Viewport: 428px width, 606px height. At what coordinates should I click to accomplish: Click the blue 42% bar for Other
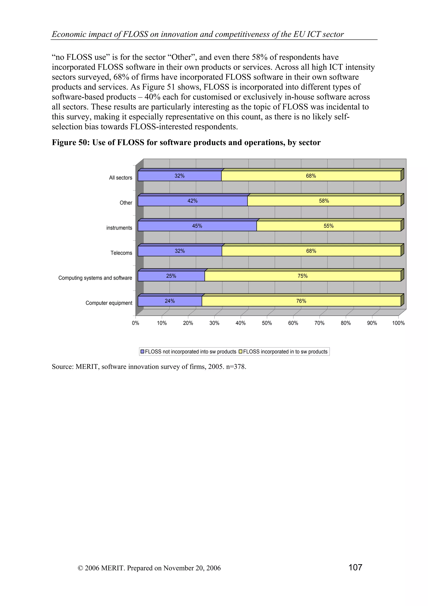[192, 201]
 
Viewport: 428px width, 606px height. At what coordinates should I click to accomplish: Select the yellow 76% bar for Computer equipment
[301, 301]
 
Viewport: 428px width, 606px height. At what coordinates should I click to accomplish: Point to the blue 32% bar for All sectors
[180, 176]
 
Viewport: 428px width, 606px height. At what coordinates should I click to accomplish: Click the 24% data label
[170, 301]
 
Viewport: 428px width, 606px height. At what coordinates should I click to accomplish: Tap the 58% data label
[324, 201]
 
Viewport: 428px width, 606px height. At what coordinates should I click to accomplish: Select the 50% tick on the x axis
[267, 323]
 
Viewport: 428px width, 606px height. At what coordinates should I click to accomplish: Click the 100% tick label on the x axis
[398, 323]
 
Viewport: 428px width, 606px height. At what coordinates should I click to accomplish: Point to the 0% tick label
[136, 323]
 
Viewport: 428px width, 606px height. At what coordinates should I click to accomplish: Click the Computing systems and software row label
[95, 278]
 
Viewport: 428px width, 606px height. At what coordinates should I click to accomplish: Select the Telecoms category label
[121, 253]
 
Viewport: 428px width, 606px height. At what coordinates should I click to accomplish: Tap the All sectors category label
[121, 178]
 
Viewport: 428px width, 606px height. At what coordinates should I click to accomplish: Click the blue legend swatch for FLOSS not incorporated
[142, 352]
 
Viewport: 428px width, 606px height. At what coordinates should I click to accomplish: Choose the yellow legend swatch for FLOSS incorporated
[240, 352]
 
